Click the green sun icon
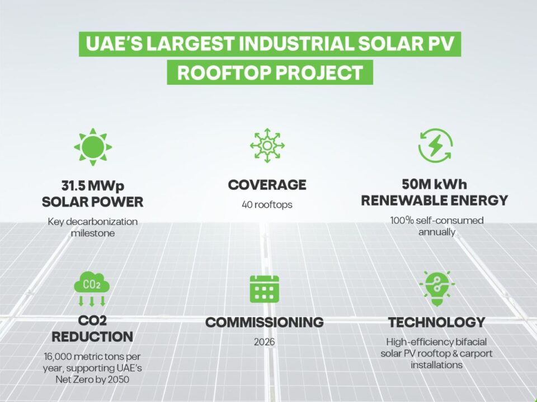tap(93, 147)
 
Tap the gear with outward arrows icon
tap(267, 146)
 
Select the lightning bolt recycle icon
tap(435, 145)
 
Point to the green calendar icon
tap(265, 289)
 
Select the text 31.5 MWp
tap(93, 186)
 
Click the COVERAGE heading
tap(267, 185)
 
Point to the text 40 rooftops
tap(267, 205)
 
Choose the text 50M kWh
tap(434, 184)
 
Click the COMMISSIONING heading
tap(265, 322)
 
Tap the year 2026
tap(265, 342)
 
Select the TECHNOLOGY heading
tap(437, 322)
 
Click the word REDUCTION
tap(92, 337)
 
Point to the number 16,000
tap(58, 357)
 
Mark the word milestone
tap(93, 233)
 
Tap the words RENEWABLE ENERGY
tap(435, 200)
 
